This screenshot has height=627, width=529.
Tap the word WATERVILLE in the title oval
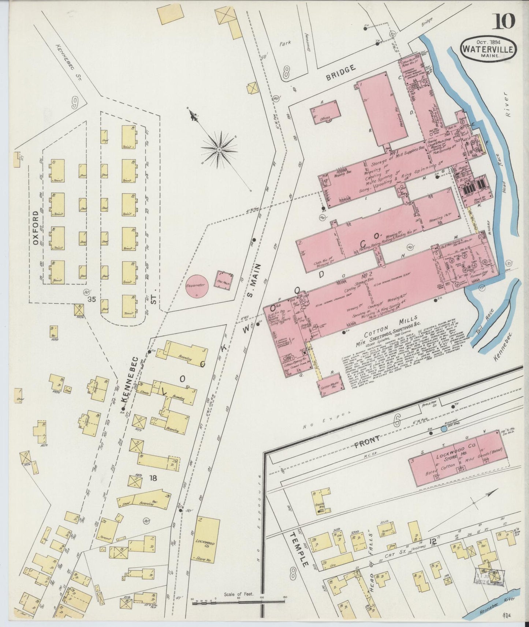(x=489, y=48)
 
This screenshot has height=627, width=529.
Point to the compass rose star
(x=219, y=149)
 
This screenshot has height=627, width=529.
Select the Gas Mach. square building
(x=224, y=281)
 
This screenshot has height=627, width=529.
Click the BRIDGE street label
(x=341, y=72)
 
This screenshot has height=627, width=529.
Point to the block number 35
(x=92, y=299)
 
